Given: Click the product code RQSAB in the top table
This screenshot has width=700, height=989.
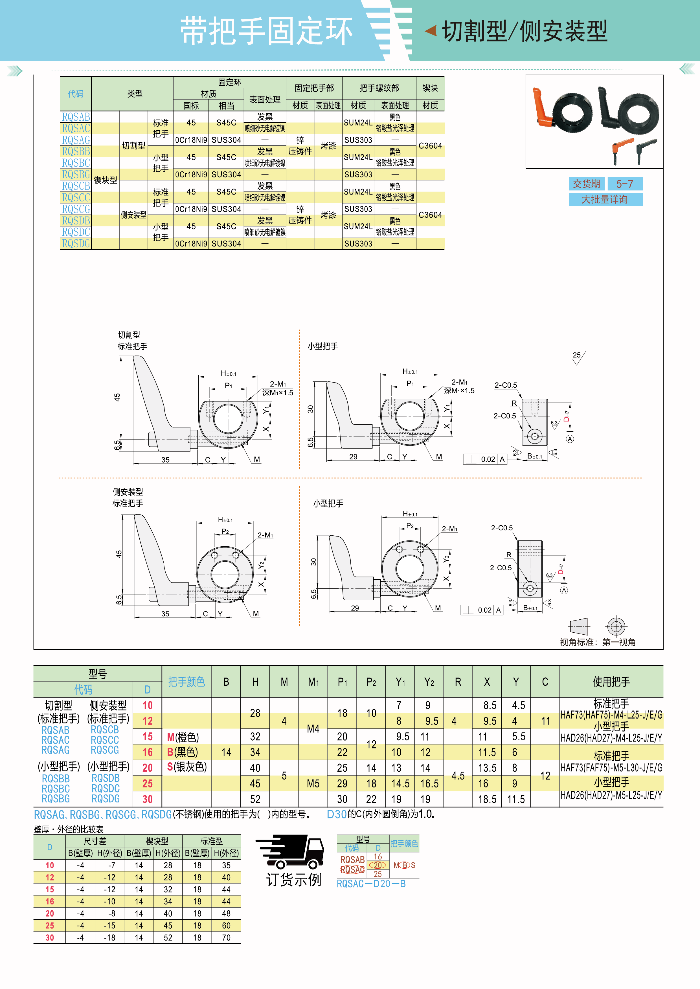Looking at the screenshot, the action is coord(76,117).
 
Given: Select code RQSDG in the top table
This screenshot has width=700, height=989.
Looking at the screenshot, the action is coord(76,243).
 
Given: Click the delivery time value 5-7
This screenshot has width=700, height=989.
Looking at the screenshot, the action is coord(625,184).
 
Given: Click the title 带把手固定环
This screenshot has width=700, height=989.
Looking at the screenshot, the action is coord(266,31).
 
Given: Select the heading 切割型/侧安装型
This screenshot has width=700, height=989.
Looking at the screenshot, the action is coord(525,31).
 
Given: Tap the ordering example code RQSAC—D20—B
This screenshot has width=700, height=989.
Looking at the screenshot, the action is coord(371,884).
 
